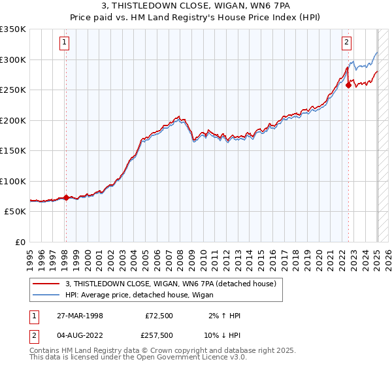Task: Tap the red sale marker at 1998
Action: click(66, 197)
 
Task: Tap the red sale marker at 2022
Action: click(349, 84)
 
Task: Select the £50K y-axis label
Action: click(15, 212)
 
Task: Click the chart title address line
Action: click(195, 5)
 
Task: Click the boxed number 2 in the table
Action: click(33, 335)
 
